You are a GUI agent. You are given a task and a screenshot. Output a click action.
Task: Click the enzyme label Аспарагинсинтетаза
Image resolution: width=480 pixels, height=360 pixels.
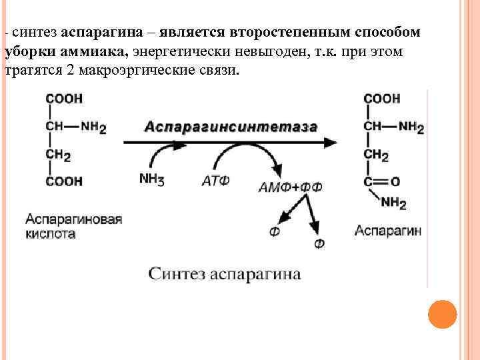click(231, 127)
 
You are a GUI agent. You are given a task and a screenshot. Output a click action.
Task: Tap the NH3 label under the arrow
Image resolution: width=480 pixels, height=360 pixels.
click(151, 179)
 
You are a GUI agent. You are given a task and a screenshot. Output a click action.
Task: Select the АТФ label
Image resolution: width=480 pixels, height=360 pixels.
click(215, 179)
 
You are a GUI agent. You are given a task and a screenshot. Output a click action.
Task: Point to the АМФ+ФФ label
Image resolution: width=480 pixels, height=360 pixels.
click(290, 187)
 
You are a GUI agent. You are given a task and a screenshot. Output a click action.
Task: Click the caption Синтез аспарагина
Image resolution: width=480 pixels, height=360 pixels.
click(224, 274)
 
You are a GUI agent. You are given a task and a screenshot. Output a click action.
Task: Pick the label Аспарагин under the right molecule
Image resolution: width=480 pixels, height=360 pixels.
click(387, 231)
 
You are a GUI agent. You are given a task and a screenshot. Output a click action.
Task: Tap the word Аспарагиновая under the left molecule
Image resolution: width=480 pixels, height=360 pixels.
click(74, 219)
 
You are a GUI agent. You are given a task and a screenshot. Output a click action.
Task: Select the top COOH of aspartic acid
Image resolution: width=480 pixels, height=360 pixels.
click(64, 99)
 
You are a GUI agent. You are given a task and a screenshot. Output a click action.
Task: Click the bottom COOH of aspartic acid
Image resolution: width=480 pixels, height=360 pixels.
click(64, 181)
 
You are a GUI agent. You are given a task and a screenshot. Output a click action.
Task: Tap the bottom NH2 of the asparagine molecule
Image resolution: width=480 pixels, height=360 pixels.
click(393, 202)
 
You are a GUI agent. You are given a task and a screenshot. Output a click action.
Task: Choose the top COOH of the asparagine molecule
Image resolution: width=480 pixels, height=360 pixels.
click(382, 99)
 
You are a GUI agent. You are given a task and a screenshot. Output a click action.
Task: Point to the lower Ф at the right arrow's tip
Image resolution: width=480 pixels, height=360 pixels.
click(319, 244)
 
